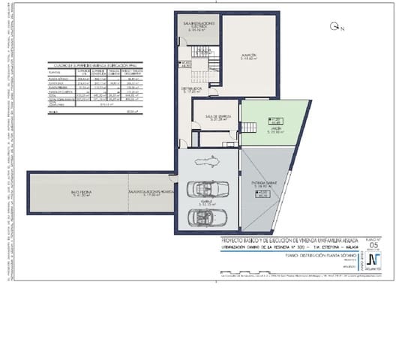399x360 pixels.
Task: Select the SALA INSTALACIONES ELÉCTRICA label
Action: [x=197, y=28]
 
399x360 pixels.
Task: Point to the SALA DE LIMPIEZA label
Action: [x=215, y=118]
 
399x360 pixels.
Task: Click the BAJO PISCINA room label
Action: [x=81, y=195]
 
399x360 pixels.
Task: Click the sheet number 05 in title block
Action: [x=374, y=245]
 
